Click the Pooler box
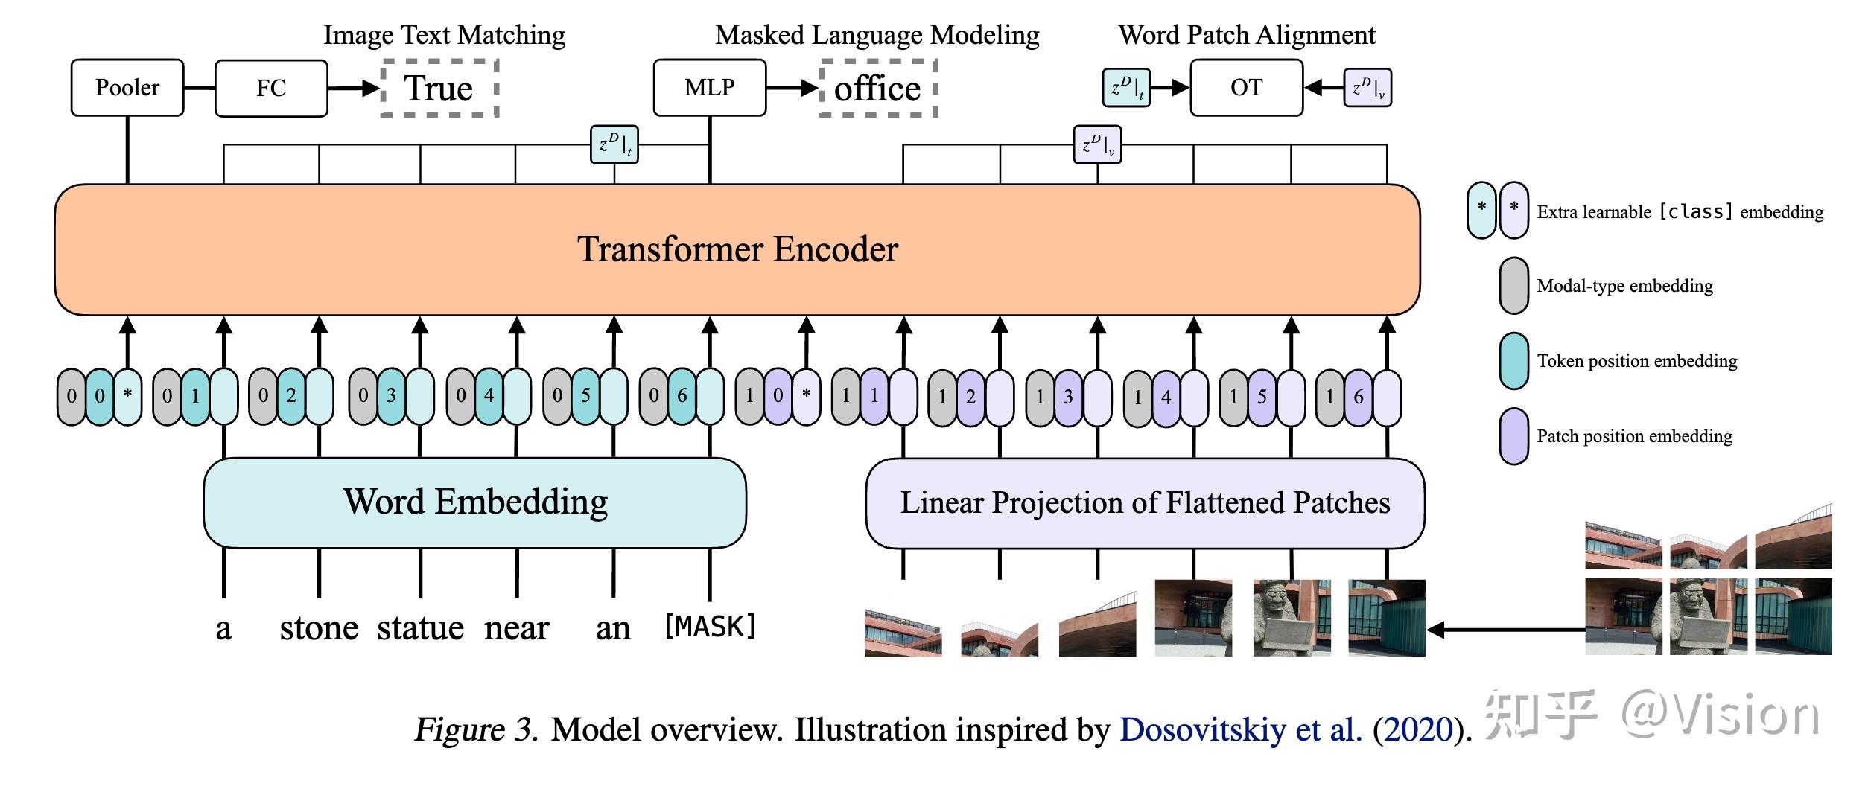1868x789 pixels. click(x=127, y=88)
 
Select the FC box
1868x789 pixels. click(x=271, y=88)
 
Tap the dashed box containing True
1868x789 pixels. click(x=439, y=88)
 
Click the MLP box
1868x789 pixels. click(x=709, y=88)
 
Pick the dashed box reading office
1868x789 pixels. click(x=877, y=89)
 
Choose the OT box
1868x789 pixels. click(x=1246, y=88)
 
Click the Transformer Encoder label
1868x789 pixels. click(x=737, y=249)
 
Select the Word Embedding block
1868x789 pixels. click(x=474, y=502)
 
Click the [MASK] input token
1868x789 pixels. click(x=710, y=627)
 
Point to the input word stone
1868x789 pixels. click(x=319, y=628)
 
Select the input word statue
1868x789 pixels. click(x=420, y=628)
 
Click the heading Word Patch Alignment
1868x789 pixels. click(x=1247, y=35)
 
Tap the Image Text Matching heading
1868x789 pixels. click(x=444, y=35)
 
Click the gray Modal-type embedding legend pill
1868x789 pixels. click(x=1513, y=286)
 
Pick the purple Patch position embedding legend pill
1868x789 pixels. click(x=1513, y=436)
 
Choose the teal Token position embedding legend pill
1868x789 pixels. click(x=1513, y=361)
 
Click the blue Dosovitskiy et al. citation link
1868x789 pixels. click(x=1241, y=729)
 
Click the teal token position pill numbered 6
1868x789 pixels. click(x=682, y=396)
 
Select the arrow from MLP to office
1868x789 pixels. click(x=792, y=88)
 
